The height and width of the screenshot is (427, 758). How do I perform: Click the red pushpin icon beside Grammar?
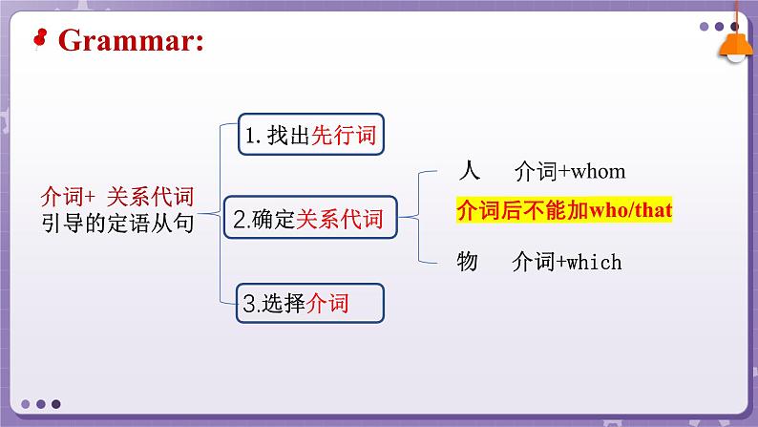tap(40, 38)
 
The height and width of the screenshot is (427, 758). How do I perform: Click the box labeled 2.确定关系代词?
tap(308, 220)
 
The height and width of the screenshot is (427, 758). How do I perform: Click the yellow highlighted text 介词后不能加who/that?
tap(565, 211)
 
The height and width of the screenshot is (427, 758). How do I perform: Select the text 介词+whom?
tap(569, 171)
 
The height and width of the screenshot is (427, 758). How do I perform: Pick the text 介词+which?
tap(566, 261)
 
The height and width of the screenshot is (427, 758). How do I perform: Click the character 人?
tap(468, 171)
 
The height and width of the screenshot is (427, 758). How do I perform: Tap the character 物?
tap(467, 261)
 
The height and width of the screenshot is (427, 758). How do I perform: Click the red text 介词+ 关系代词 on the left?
tap(117, 196)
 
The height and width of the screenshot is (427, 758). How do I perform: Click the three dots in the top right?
tap(720, 27)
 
